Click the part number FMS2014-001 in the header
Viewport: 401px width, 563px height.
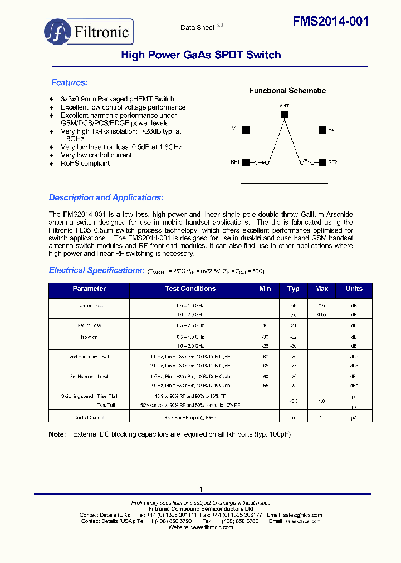pos(331,21)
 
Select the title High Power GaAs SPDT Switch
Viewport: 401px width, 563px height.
pos(200,55)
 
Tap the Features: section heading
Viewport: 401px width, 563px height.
pos(70,83)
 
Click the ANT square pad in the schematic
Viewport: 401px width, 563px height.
pos(284,114)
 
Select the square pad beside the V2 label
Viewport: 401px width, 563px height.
pos(322,130)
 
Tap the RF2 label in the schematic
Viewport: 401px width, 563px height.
pos(332,162)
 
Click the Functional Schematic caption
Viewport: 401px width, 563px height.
pos(287,91)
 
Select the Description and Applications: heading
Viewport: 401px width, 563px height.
pos(106,197)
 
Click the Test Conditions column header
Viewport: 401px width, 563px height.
pos(190,289)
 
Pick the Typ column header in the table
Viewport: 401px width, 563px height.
pos(294,289)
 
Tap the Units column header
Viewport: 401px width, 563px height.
pos(354,289)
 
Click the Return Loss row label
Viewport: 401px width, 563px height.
pos(89,325)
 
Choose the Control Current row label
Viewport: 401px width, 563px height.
pos(89,417)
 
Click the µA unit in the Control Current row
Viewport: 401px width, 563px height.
pos(354,417)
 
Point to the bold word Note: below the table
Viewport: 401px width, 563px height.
pos(57,434)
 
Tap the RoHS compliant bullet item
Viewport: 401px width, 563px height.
pos(85,164)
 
